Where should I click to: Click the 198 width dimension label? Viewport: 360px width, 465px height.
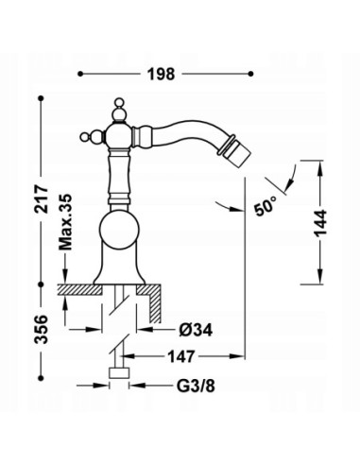(161, 75)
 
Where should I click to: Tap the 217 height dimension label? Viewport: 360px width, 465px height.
(42, 199)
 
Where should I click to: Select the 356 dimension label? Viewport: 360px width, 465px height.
(42, 329)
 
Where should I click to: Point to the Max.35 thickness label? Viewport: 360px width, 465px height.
(65, 222)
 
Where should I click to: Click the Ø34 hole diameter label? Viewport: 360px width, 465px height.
(196, 330)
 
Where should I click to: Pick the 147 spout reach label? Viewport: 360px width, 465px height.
(181, 356)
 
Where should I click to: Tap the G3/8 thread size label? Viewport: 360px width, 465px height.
(196, 386)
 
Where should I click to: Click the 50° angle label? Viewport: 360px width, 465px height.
(266, 206)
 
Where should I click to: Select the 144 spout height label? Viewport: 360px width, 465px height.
(320, 223)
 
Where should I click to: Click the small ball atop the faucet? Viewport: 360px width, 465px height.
(119, 102)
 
